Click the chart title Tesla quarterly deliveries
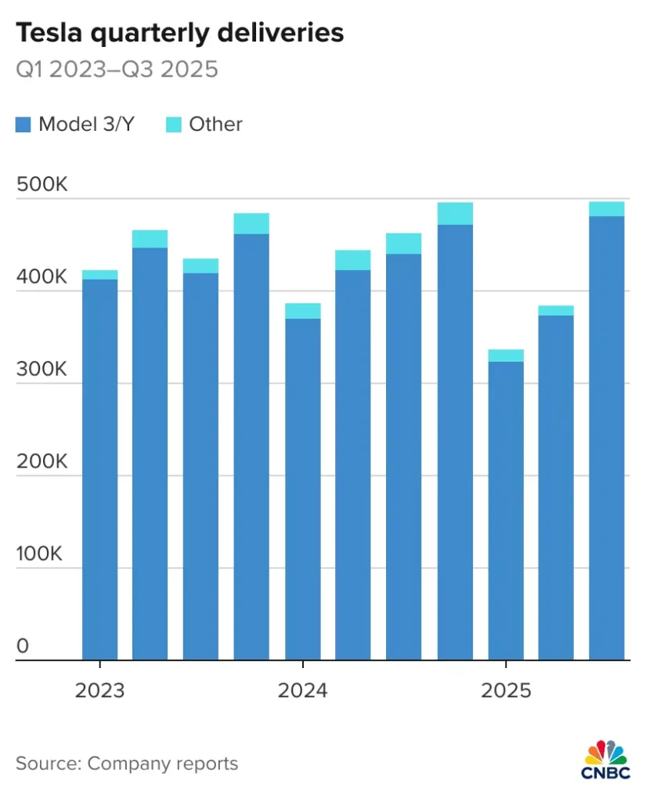pos(179,34)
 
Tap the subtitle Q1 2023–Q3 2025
pos(117,70)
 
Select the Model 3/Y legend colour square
pos(23,125)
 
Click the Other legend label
pos(215,125)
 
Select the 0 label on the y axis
pos(22,647)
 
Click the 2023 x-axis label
pos(99,691)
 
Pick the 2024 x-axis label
pos(303,691)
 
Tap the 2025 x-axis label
pos(506,691)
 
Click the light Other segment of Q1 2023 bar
pos(99,275)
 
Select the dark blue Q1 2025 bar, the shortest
pos(506,509)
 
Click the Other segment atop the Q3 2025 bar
pos(607,208)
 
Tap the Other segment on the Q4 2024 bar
pos(455,214)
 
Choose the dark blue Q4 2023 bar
pos(251,446)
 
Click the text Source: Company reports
pos(127,763)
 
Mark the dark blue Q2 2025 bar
pos(556,486)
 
